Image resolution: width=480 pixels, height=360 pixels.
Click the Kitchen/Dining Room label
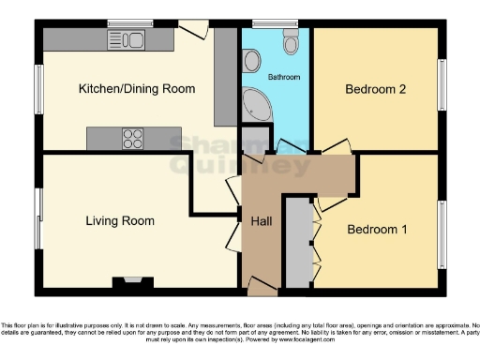click(136, 89)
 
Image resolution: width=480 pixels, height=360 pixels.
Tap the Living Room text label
click(120, 221)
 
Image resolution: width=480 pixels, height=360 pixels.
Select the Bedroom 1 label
click(377, 229)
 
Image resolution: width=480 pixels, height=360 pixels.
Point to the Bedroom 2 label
click(375, 90)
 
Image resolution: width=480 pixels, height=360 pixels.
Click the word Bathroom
click(282, 76)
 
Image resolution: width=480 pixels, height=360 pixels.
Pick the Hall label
click(261, 222)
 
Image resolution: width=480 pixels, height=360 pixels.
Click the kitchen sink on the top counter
click(126, 39)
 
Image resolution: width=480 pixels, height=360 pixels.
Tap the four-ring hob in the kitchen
click(133, 139)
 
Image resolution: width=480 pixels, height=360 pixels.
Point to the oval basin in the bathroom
click(251, 61)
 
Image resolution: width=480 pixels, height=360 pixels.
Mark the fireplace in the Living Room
click(128, 280)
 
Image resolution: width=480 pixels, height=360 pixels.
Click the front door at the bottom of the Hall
click(262, 284)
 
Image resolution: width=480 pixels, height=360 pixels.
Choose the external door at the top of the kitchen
click(193, 28)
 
